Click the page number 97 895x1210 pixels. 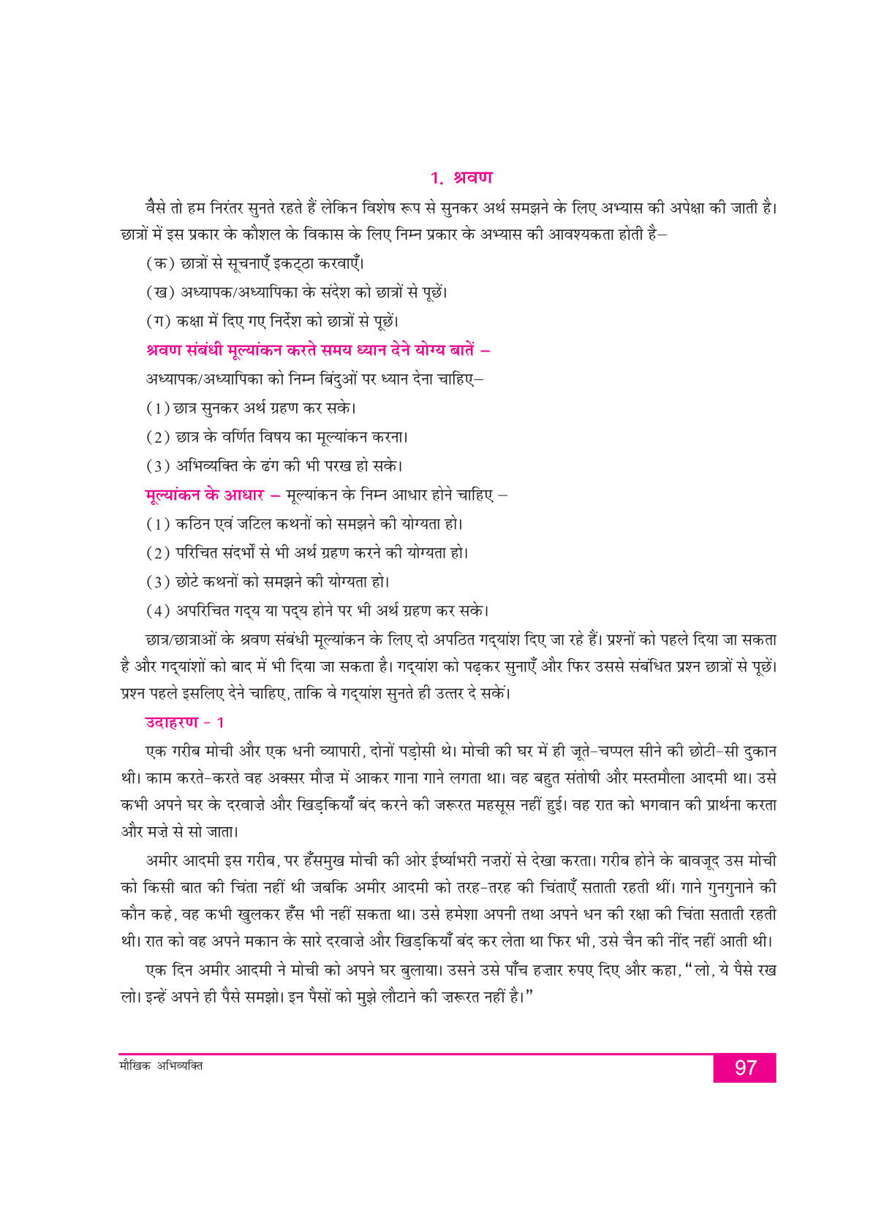pos(744,1068)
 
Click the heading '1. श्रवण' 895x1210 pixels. pos(461,178)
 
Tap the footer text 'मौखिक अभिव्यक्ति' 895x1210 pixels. pos(161,1066)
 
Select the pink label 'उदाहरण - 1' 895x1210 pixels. pos(184,723)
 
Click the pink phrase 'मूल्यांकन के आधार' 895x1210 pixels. pos(205,495)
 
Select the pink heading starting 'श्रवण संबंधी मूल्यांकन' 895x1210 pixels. pos(318,350)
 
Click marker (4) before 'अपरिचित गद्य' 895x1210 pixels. pos(158,611)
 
